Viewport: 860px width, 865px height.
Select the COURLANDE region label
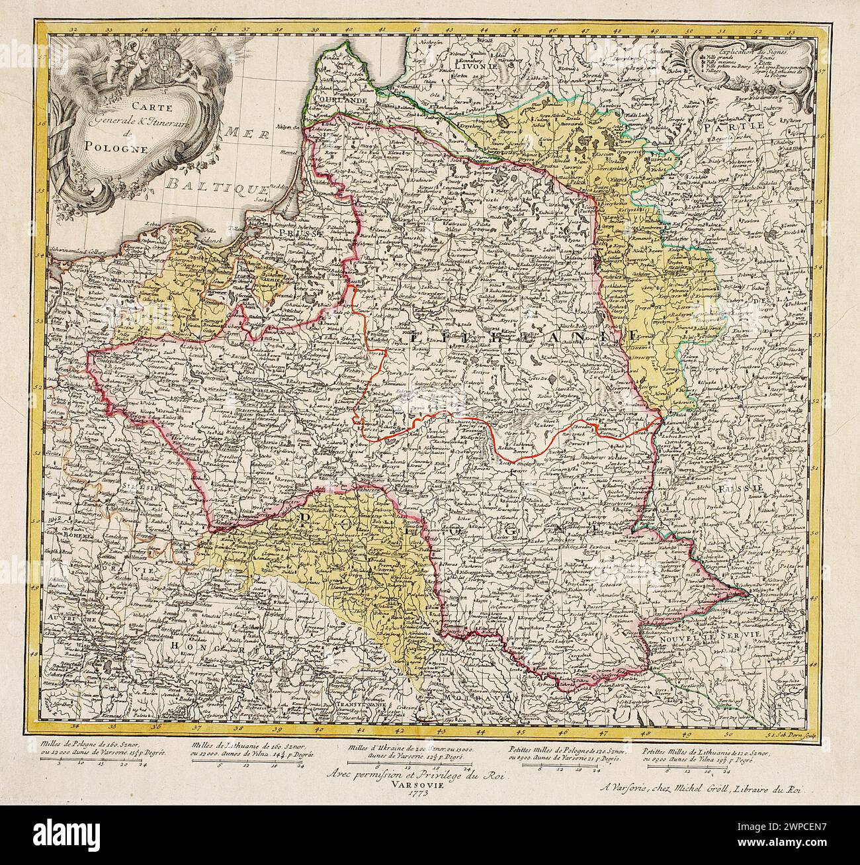[x=341, y=99]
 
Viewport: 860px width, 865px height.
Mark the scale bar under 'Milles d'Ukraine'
[x=409, y=765]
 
